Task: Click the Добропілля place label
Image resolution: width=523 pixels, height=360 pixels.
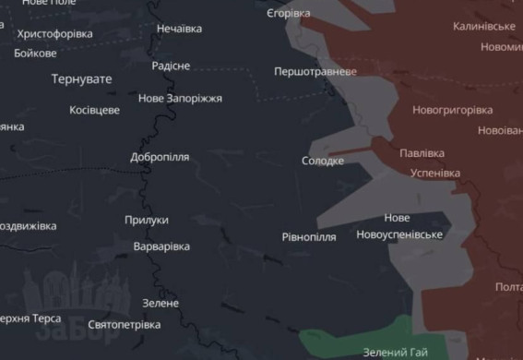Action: tap(160, 157)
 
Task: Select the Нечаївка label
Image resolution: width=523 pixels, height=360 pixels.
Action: tap(179, 29)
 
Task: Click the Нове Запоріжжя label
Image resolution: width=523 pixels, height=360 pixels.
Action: tap(180, 99)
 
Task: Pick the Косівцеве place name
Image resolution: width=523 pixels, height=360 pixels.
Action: tap(95, 110)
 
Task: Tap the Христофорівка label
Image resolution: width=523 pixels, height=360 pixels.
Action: tap(55, 34)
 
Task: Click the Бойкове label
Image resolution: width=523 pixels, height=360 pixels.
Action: tap(36, 53)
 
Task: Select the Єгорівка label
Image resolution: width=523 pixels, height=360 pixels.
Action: tap(288, 14)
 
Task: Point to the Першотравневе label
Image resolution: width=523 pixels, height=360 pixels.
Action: tap(315, 71)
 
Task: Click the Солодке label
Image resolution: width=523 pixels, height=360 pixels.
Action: tap(323, 161)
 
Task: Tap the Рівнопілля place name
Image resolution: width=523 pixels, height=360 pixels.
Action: tap(309, 237)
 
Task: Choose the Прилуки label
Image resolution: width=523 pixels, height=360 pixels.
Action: tap(147, 220)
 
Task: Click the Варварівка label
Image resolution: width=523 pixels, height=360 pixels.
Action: tap(161, 246)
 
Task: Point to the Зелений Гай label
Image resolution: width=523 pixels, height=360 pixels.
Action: tap(396, 352)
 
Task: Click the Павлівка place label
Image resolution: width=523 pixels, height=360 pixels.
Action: tap(422, 153)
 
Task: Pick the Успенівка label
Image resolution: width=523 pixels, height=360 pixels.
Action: tap(434, 173)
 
